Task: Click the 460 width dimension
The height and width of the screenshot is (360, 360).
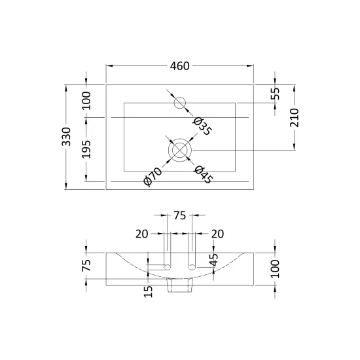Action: (179, 66)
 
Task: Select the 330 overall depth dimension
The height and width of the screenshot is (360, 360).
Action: (66, 137)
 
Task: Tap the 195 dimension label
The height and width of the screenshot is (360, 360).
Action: (86, 149)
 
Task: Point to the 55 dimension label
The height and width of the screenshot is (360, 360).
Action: (276, 94)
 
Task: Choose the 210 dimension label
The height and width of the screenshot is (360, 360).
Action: (295, 118)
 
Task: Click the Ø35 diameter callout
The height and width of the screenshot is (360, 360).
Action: (202, 126)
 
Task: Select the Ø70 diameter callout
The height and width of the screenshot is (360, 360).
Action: (153, 177)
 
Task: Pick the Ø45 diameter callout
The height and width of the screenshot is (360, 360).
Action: (203, 175)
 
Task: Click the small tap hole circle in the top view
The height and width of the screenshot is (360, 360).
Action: (180, 103)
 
